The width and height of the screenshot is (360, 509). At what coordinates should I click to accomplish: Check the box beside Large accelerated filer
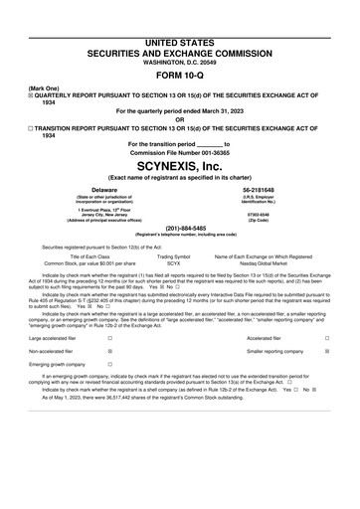[x=109, y=339]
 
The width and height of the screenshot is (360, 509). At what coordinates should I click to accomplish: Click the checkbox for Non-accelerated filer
[x=109, y=352]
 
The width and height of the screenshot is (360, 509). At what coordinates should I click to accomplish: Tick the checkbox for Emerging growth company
[x=109, y=365]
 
